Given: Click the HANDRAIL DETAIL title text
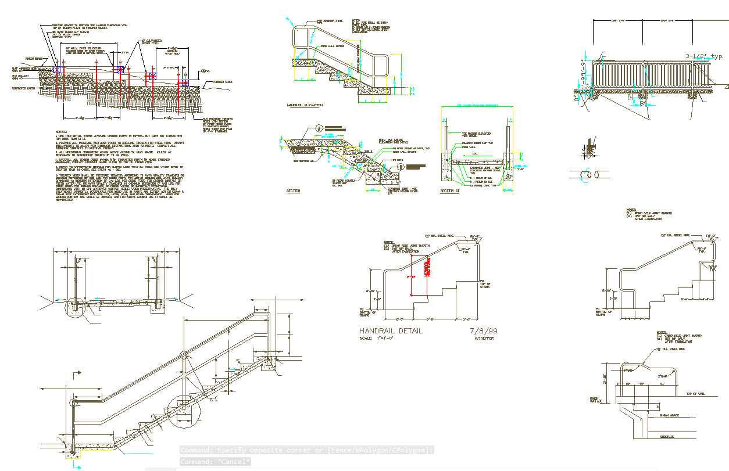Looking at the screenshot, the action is (391, 331).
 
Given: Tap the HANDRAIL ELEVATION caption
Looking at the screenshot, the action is (305, 105).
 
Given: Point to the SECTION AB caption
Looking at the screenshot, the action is (450, 191).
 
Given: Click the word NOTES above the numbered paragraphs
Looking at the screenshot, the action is (61, 132).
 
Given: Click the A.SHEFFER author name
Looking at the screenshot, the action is (484, 339).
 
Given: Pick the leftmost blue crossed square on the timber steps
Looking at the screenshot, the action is (56, 70).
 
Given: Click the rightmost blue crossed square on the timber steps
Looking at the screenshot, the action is (184, 84).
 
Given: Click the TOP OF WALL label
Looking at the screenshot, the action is (695, 394).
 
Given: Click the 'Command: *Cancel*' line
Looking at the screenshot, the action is (215, 462).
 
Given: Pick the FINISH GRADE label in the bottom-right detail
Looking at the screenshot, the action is (669, 416).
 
